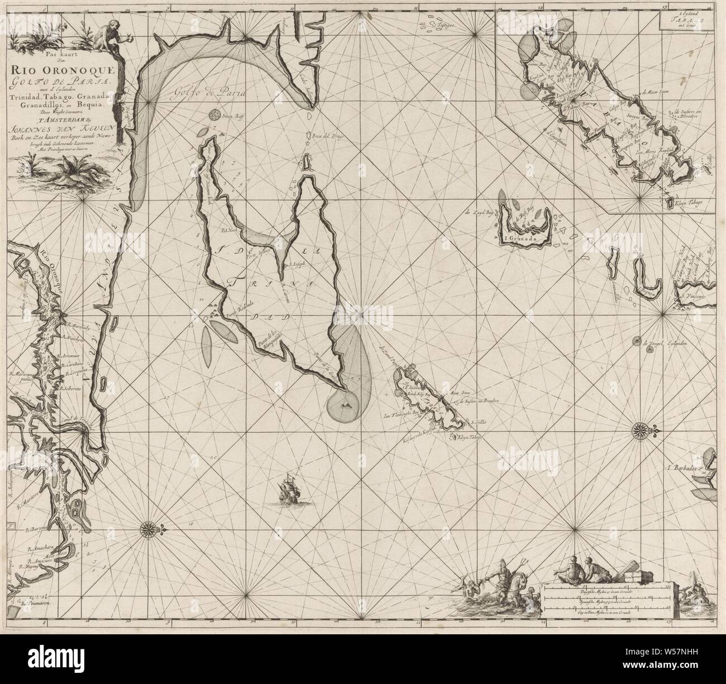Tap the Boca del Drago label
(x=326, y=136)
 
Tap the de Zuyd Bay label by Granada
(x=479, y=212)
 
